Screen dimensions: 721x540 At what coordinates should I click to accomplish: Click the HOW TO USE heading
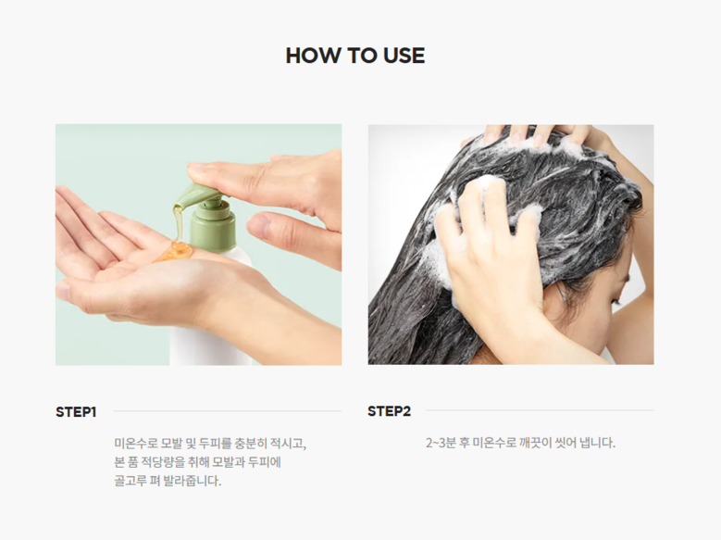[355, 56]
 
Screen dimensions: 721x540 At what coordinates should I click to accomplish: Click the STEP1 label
[76, 412]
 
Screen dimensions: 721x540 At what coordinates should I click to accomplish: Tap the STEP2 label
[389, 411]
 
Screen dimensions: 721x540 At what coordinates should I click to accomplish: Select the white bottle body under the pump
[212, 318]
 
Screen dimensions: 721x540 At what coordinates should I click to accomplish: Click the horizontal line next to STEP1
[228, 410]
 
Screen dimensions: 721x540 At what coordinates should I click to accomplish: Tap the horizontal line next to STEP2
[540, 409]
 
